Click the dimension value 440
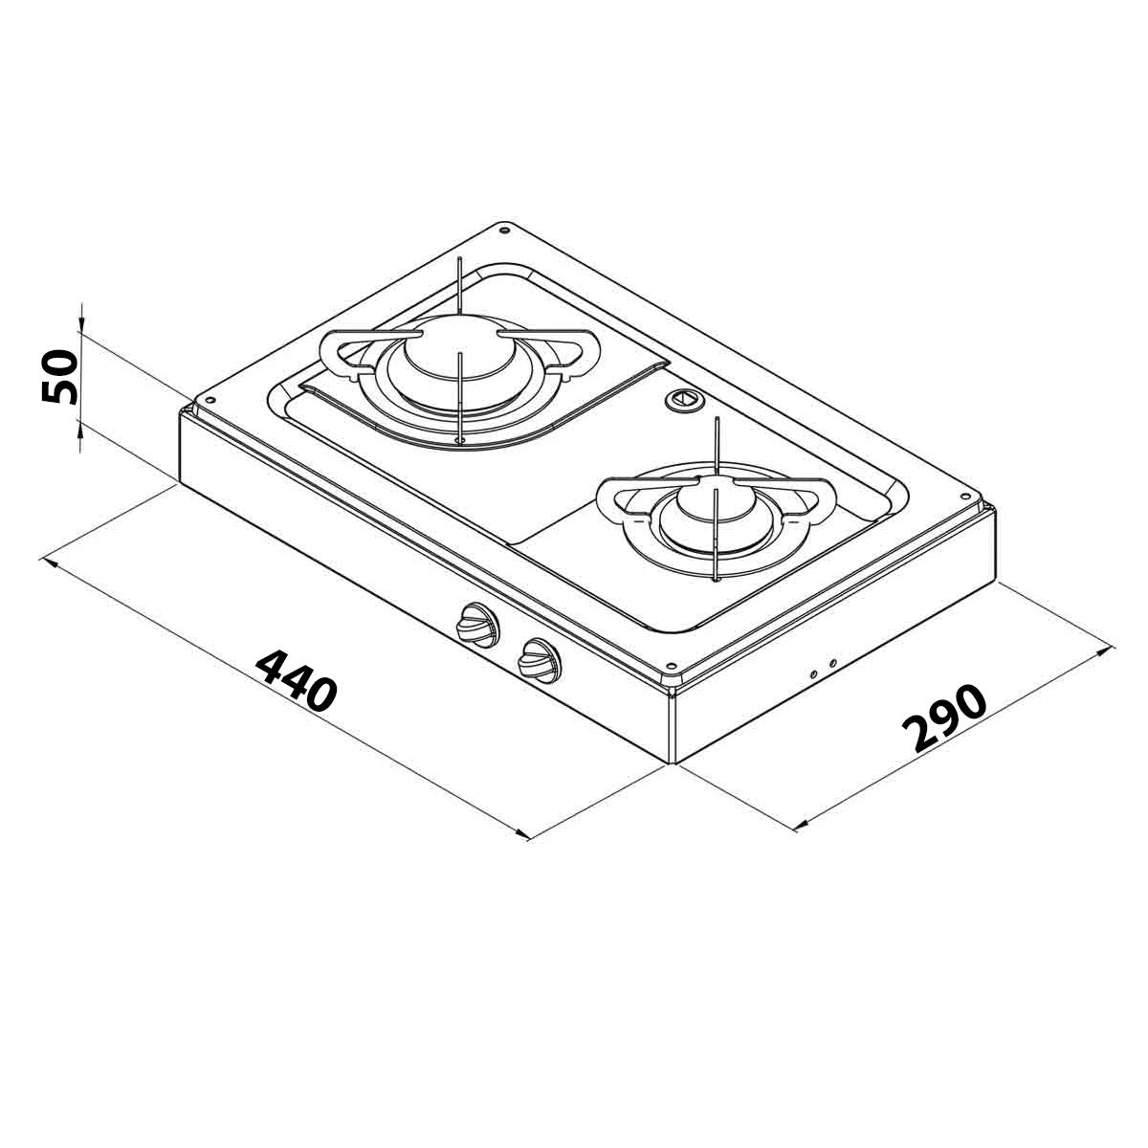tap(298, 680)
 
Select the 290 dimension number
tap(943, 717)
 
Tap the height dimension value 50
tap(59, 378)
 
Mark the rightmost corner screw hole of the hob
tap(965, 496)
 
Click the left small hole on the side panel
tap(814, 673)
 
